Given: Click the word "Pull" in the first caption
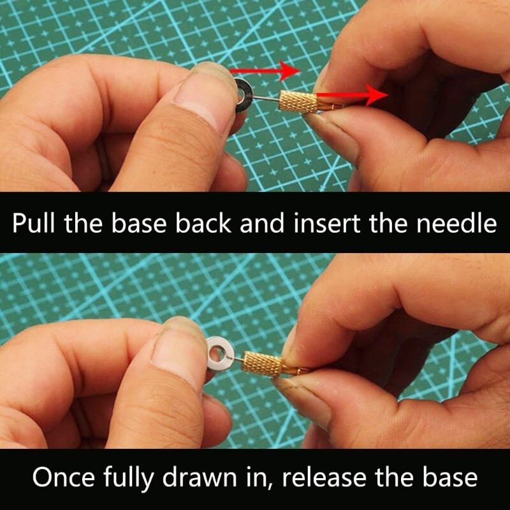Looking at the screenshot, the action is click(x=34, y=223).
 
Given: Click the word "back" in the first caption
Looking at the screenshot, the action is click(x=203, y=223).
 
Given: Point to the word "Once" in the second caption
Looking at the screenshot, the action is click(x=63, y=477).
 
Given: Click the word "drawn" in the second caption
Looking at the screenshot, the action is click(x=200, y=477).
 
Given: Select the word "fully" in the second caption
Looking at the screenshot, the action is click(x=129, y=478).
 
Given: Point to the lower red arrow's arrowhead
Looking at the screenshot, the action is click(x=377, y=95).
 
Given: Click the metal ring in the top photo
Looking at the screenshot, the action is click(x=244, y=95).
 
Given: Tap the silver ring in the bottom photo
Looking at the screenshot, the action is click(x=220, y=354).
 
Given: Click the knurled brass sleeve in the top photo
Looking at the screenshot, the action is click(x=298, y=102).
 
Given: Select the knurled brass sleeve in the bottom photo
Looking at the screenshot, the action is click(x=262, y=364).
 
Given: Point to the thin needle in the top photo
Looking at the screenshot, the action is click(x=266, y=98).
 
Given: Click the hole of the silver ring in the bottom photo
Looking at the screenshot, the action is click(x=217, y=353).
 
